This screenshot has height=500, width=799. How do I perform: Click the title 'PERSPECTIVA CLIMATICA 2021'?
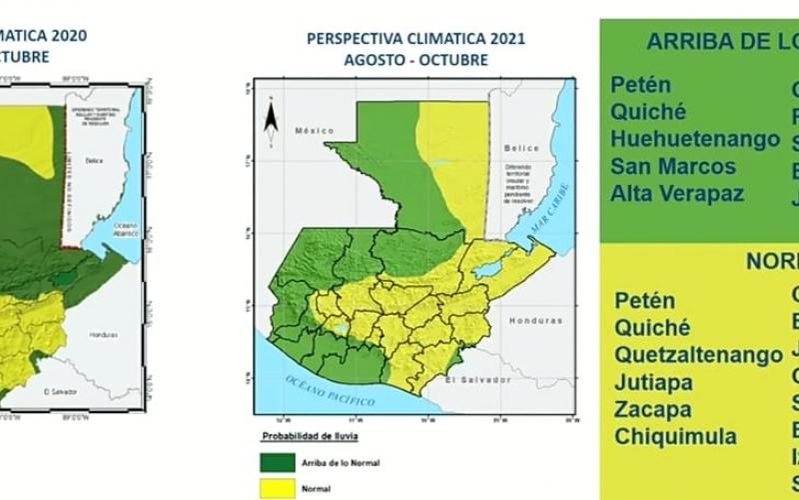(415, 40)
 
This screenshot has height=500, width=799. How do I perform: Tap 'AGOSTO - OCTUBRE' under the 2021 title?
(415, 60)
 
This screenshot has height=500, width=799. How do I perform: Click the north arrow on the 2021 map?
(271, 120)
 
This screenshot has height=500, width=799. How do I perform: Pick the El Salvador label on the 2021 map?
(477, 380)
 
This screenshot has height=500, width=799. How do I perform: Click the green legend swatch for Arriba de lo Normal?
(278, 463)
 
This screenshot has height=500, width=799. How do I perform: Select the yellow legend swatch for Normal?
(278, 489)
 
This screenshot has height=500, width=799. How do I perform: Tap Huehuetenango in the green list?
(694, 139)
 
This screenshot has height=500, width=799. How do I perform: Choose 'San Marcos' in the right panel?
(673, 166)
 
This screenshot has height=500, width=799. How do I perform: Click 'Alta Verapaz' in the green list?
(677, 193)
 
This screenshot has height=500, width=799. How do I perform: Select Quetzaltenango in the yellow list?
(698, 355)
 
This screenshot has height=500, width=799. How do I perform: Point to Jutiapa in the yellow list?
(653, 382)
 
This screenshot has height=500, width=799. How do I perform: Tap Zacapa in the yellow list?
(653, 410)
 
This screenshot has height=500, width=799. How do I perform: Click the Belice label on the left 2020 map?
(94, 160)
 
